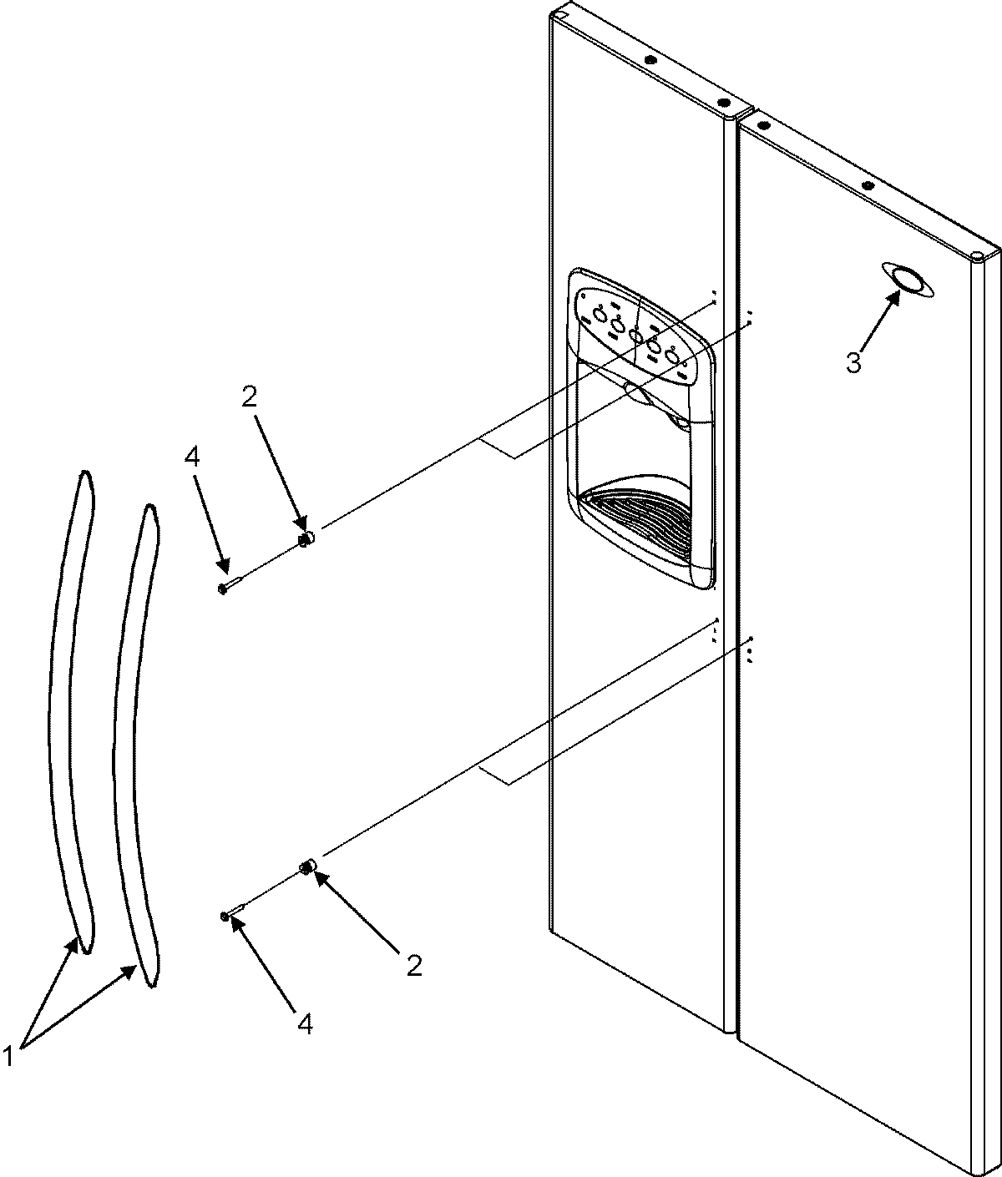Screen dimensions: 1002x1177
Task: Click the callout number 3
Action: pyautogui.click(x=853, y=363)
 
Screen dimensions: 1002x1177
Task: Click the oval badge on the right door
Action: pyautogui.click(x=907, y=280)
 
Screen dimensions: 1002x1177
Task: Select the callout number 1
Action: pyautogui.click(x=9, y=1057)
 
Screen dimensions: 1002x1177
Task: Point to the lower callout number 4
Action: pyautogui.click(x=305, y=1023)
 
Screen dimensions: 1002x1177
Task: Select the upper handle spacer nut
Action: pyautogui.click(x=306, y=539)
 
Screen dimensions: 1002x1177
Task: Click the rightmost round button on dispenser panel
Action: pyautogui.click(x=674, y=356)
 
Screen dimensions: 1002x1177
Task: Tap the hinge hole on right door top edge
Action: pyautogui.click(x=867, y=184)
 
